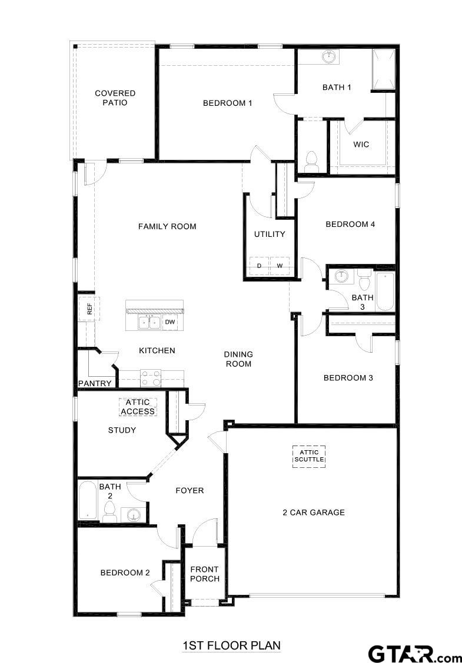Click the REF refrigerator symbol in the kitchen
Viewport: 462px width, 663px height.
tap(89, 309)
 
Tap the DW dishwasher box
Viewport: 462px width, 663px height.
tap(169, 322)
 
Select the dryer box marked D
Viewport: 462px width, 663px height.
tap(259, 266)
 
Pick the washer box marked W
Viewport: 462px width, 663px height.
tap(280, 266)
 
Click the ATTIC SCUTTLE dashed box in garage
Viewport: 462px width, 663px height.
tap(309, 456)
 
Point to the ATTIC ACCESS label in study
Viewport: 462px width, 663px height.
tap(138, 407)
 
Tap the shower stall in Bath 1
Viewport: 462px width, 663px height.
tap(383, 69)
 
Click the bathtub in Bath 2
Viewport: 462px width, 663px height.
tap(88, 500)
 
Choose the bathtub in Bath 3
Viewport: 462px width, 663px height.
tap(384, 291)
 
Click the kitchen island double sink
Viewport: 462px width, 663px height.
tap(149, 322)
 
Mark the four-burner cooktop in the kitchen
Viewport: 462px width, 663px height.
tap(151, 377)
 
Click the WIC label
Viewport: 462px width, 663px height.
tap(361, 144)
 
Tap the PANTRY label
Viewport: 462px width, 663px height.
tap(95, 383)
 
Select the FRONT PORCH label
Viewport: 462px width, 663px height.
tap(204, 574)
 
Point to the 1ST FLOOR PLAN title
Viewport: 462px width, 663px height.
tap(231, 645)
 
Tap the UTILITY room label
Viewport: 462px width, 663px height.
tap(270, 234)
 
